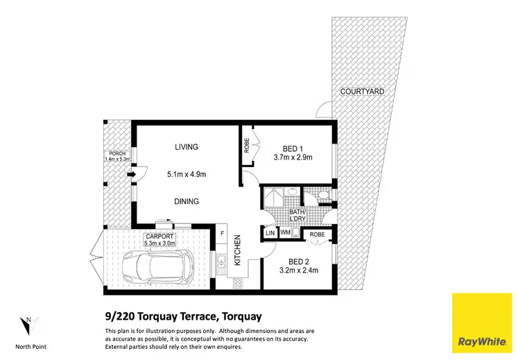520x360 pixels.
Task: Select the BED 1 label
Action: (x=293, y=148)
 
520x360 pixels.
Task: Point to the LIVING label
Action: (x=187, y=147)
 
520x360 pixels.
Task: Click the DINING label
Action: (x=187, y=202)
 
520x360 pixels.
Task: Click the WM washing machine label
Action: (x=285, y=234)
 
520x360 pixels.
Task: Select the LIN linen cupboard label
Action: (x=270, y=234)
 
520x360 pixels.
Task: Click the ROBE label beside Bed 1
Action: (x=247, y=146)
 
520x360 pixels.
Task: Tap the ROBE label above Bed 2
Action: (x=318, y=235)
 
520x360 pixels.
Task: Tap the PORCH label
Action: (x=114, y=154)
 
